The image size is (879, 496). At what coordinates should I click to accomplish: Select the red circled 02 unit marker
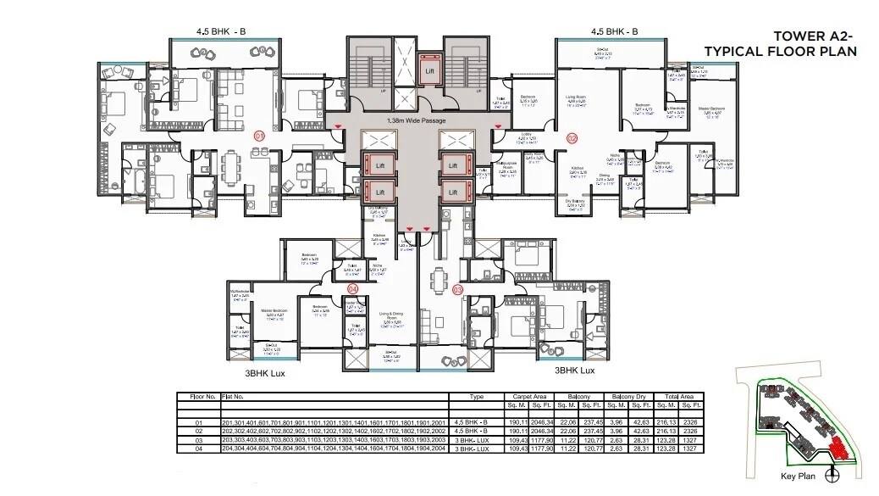click(x=572, y=137)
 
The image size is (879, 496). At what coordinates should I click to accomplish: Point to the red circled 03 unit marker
click(x=459, y=289)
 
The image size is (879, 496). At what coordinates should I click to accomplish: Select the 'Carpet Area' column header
click(x=528, y=396)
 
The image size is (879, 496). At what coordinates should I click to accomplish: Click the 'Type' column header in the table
click(x=477, y=396)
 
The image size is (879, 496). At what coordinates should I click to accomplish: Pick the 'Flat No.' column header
click(x=233, y=396)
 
